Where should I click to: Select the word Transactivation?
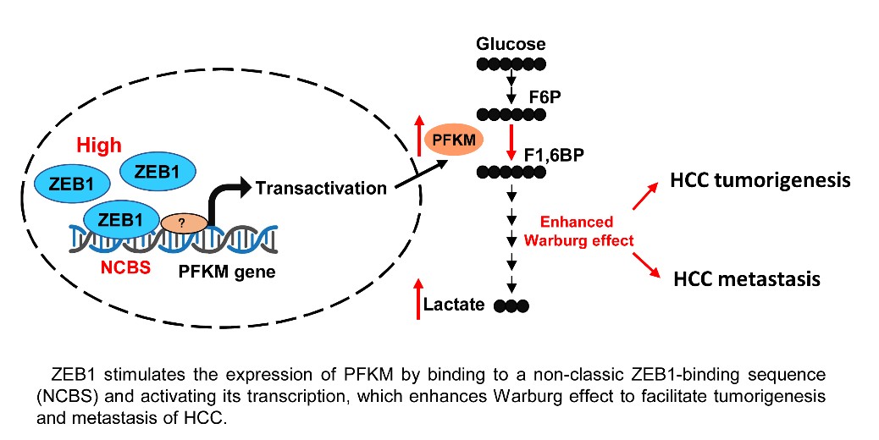322,187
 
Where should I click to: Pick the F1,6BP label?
572,157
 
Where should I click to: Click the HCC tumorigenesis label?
760,180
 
